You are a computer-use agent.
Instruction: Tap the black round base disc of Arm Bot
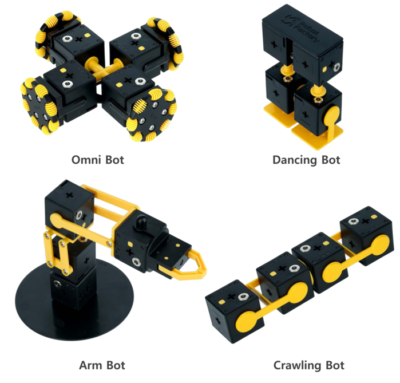pyautogui.click(x=74, y=301)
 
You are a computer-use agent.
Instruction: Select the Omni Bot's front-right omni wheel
pyautogui.click(x=152, y=115)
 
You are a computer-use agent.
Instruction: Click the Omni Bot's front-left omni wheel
pyautogui.click(x=40, y=106)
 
